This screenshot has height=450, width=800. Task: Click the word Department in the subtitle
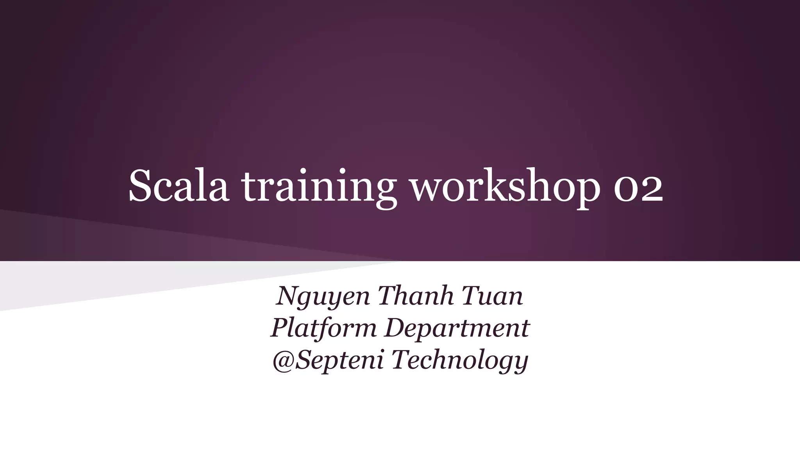click(457, 329)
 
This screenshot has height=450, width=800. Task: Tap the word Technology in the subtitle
click(460, 361)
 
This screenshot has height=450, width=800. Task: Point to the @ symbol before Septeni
click(283, 360)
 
